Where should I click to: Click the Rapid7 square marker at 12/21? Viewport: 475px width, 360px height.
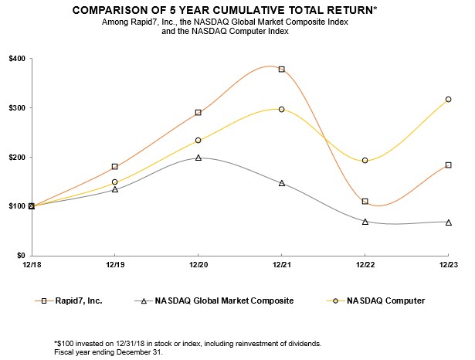pos(281,70)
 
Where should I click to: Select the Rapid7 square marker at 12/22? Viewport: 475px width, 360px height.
pos(365,202)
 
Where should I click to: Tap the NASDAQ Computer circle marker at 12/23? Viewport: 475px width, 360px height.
pos(448,100)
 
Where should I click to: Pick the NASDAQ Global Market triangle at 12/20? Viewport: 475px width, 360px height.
pos(198,158)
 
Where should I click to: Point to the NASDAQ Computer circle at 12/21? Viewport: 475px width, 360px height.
pos(281,110)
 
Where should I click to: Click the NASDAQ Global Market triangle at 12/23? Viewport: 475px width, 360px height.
pos(448,222)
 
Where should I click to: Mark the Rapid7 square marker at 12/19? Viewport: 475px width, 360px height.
pos(115,167)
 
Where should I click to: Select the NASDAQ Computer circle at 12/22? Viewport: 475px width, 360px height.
pos(365,161)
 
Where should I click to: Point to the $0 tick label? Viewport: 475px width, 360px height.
pos(20,256)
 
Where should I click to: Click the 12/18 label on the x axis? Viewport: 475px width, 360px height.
pos(32,264)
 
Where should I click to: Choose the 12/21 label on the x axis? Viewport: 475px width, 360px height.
pos(281,264)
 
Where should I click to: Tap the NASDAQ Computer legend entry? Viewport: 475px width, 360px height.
pos(386,300)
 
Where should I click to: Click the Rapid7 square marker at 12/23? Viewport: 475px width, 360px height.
pos(448,165)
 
